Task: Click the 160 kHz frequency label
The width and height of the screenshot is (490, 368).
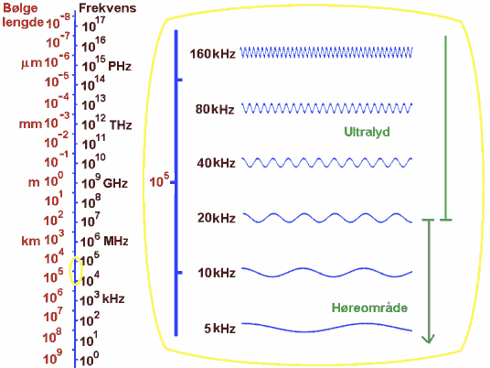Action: coord(212,54)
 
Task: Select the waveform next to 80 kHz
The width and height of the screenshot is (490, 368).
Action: coord(327,108)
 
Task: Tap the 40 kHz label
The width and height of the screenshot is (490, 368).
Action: coord(216,163)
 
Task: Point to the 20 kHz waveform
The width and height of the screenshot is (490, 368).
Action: coord(327,218)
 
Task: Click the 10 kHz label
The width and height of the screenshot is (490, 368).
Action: coord(217,273)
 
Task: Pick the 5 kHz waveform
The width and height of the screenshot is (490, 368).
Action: coord(327,328)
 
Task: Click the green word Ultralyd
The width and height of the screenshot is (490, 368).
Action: coord(367,132)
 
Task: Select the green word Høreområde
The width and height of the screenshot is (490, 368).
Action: coord(369,308)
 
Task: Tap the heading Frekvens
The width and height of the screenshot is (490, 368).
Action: coord(108,8)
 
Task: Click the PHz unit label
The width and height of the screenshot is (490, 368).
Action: coord(120,66)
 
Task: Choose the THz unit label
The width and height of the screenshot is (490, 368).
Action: coord(121,125)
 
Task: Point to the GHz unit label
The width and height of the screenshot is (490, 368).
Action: coord(115,183)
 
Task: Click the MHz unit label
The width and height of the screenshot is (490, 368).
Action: coord(115,242)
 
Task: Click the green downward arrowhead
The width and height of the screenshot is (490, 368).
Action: coord(428,339)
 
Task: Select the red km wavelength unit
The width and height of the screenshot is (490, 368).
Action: coord(31,241)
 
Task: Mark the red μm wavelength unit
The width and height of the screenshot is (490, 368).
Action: coord(32,63)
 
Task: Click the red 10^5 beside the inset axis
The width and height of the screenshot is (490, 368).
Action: coord(159,180)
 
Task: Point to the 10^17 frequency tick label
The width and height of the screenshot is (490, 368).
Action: coord(94,25)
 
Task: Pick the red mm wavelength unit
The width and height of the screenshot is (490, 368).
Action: coord(30,124)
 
